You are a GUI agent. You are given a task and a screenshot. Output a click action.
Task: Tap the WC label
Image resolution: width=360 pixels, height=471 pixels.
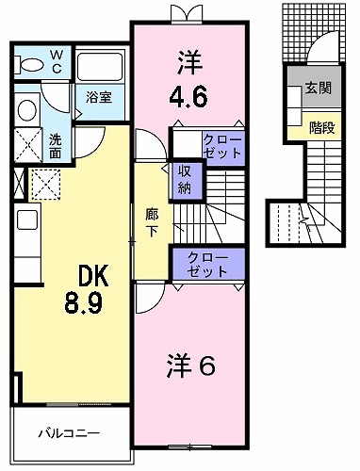click(57, 62)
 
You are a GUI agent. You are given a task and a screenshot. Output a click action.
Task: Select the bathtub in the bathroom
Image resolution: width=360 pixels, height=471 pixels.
click(100, 67)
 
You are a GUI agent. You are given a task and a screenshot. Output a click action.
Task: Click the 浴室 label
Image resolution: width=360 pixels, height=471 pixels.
click(99, 98)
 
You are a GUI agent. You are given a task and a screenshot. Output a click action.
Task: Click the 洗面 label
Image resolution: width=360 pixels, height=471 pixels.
click(56, 146)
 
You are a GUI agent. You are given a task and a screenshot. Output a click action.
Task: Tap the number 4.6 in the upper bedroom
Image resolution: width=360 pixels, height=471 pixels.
click(188, 97)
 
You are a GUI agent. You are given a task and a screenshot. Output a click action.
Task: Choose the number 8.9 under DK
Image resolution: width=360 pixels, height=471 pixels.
click(84, 302)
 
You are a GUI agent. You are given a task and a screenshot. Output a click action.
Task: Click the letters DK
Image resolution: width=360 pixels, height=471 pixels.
click(93, 276)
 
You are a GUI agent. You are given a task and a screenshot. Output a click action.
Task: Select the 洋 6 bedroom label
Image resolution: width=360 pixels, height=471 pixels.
click(191, 365)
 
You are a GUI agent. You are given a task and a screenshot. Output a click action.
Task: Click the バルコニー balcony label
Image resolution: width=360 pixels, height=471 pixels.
click(69, 433)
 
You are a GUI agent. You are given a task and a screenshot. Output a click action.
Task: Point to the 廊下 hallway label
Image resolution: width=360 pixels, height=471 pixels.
click(152, 222)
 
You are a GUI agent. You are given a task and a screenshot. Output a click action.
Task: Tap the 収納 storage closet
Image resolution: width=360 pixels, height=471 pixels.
click(186, 180)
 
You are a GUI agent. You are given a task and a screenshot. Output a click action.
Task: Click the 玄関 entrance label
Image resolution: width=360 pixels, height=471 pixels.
click(319, 89)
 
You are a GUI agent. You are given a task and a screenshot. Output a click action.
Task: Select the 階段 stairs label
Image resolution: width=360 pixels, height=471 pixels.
click(321, 128)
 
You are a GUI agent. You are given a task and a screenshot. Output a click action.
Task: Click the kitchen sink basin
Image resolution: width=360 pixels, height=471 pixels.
click(27, 219)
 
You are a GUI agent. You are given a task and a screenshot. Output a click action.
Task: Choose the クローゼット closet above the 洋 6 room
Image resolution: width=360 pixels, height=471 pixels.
click(208, 265)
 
